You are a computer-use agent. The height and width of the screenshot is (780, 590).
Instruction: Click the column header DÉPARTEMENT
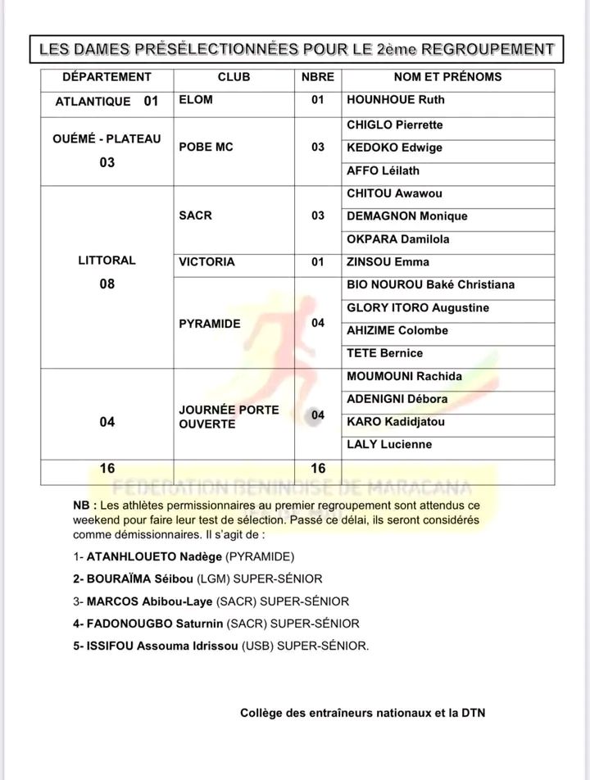107,77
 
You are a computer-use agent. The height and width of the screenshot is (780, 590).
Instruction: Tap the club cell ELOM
196,100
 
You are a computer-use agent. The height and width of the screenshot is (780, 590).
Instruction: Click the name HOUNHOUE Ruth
397,101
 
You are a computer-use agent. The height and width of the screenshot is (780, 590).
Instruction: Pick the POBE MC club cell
206,147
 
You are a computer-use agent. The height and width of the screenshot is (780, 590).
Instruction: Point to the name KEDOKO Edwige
395,147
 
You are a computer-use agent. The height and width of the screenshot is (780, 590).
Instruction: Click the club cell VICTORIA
206,262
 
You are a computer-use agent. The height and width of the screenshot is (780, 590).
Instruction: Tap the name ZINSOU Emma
389,262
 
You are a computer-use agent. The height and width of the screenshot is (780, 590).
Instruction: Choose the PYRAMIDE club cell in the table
210,324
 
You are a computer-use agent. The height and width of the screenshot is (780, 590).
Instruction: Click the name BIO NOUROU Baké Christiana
431,285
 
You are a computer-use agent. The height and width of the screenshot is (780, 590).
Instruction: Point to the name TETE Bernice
385,353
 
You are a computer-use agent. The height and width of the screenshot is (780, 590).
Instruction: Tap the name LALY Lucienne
390,444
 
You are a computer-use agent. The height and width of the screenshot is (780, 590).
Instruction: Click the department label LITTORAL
107,261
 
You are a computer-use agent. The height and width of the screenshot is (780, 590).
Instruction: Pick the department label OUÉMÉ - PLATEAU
107,138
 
